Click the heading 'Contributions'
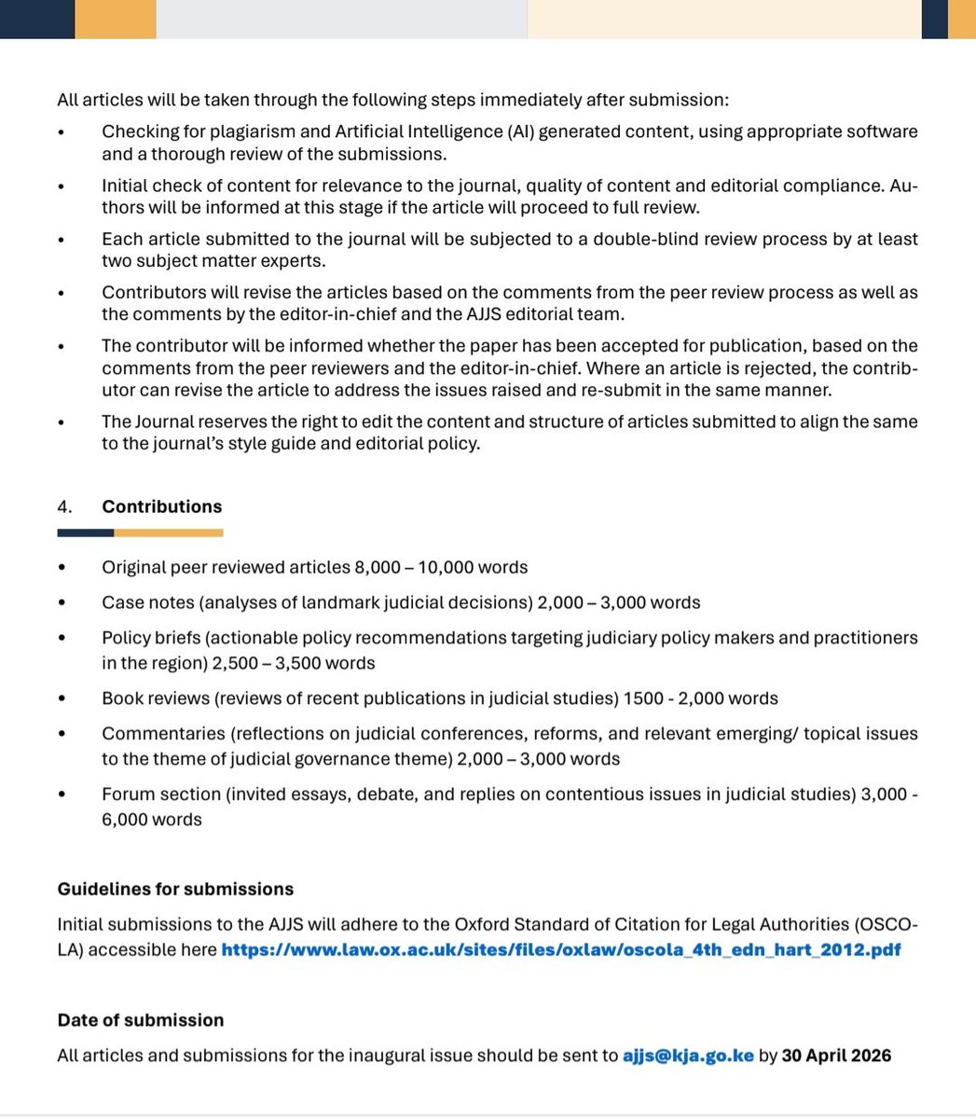pos(161,506)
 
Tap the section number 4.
pos(64,506)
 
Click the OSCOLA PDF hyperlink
pos(560,950)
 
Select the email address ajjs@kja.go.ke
pos(688,1056)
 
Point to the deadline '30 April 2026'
pos(836,1056)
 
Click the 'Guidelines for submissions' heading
pos(175,889)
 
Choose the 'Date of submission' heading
pos(141,1020)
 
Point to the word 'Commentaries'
pos(163,734)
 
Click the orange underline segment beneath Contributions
pos(168,532)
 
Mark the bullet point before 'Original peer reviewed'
pos(62,568)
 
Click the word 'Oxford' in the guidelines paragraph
pos(481,924)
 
